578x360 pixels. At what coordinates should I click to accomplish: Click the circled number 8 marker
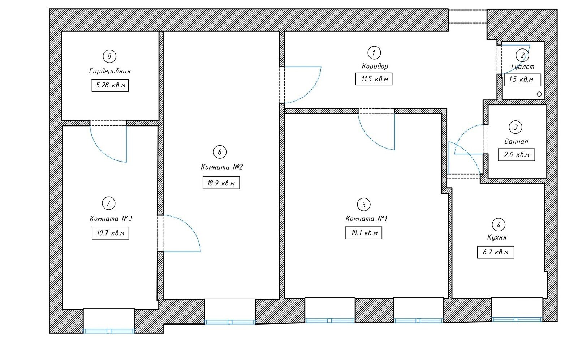(x=109, y=56)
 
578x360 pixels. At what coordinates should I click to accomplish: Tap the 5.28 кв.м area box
(x=110, y=85)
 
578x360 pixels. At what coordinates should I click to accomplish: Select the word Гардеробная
(x=110, y=71)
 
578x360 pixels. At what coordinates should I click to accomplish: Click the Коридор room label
(x=375, y=67)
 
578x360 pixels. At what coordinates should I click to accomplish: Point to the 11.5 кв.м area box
(x=374, y=79)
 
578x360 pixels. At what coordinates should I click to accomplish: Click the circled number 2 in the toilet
(x=522, y=55)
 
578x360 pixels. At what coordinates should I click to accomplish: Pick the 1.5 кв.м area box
(x=522, y=80)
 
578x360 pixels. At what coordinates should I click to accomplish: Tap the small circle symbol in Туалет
(x=539, y=94)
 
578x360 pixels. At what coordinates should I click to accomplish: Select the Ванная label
(x=516, y=142)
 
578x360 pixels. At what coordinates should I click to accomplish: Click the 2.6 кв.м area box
(x=516, y=155)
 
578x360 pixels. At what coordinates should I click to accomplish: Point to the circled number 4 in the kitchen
(x=499, y=225)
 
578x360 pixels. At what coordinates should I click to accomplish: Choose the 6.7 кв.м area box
(x=495, y=252)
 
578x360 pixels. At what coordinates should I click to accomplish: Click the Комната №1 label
(x=366, y=219)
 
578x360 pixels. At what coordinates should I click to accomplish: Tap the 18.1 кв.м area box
(x=363, y=233)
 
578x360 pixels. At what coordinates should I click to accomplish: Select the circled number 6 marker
(x=220, y=152)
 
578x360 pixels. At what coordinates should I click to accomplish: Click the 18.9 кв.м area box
(x=221, y=183)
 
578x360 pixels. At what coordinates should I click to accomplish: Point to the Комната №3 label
(x=111, y=219)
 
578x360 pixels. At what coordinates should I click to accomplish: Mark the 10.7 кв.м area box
(x=111, y=233)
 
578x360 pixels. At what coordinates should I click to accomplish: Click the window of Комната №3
(x=109, y=331)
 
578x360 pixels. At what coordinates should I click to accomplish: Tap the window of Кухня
(x=517, y=320)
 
